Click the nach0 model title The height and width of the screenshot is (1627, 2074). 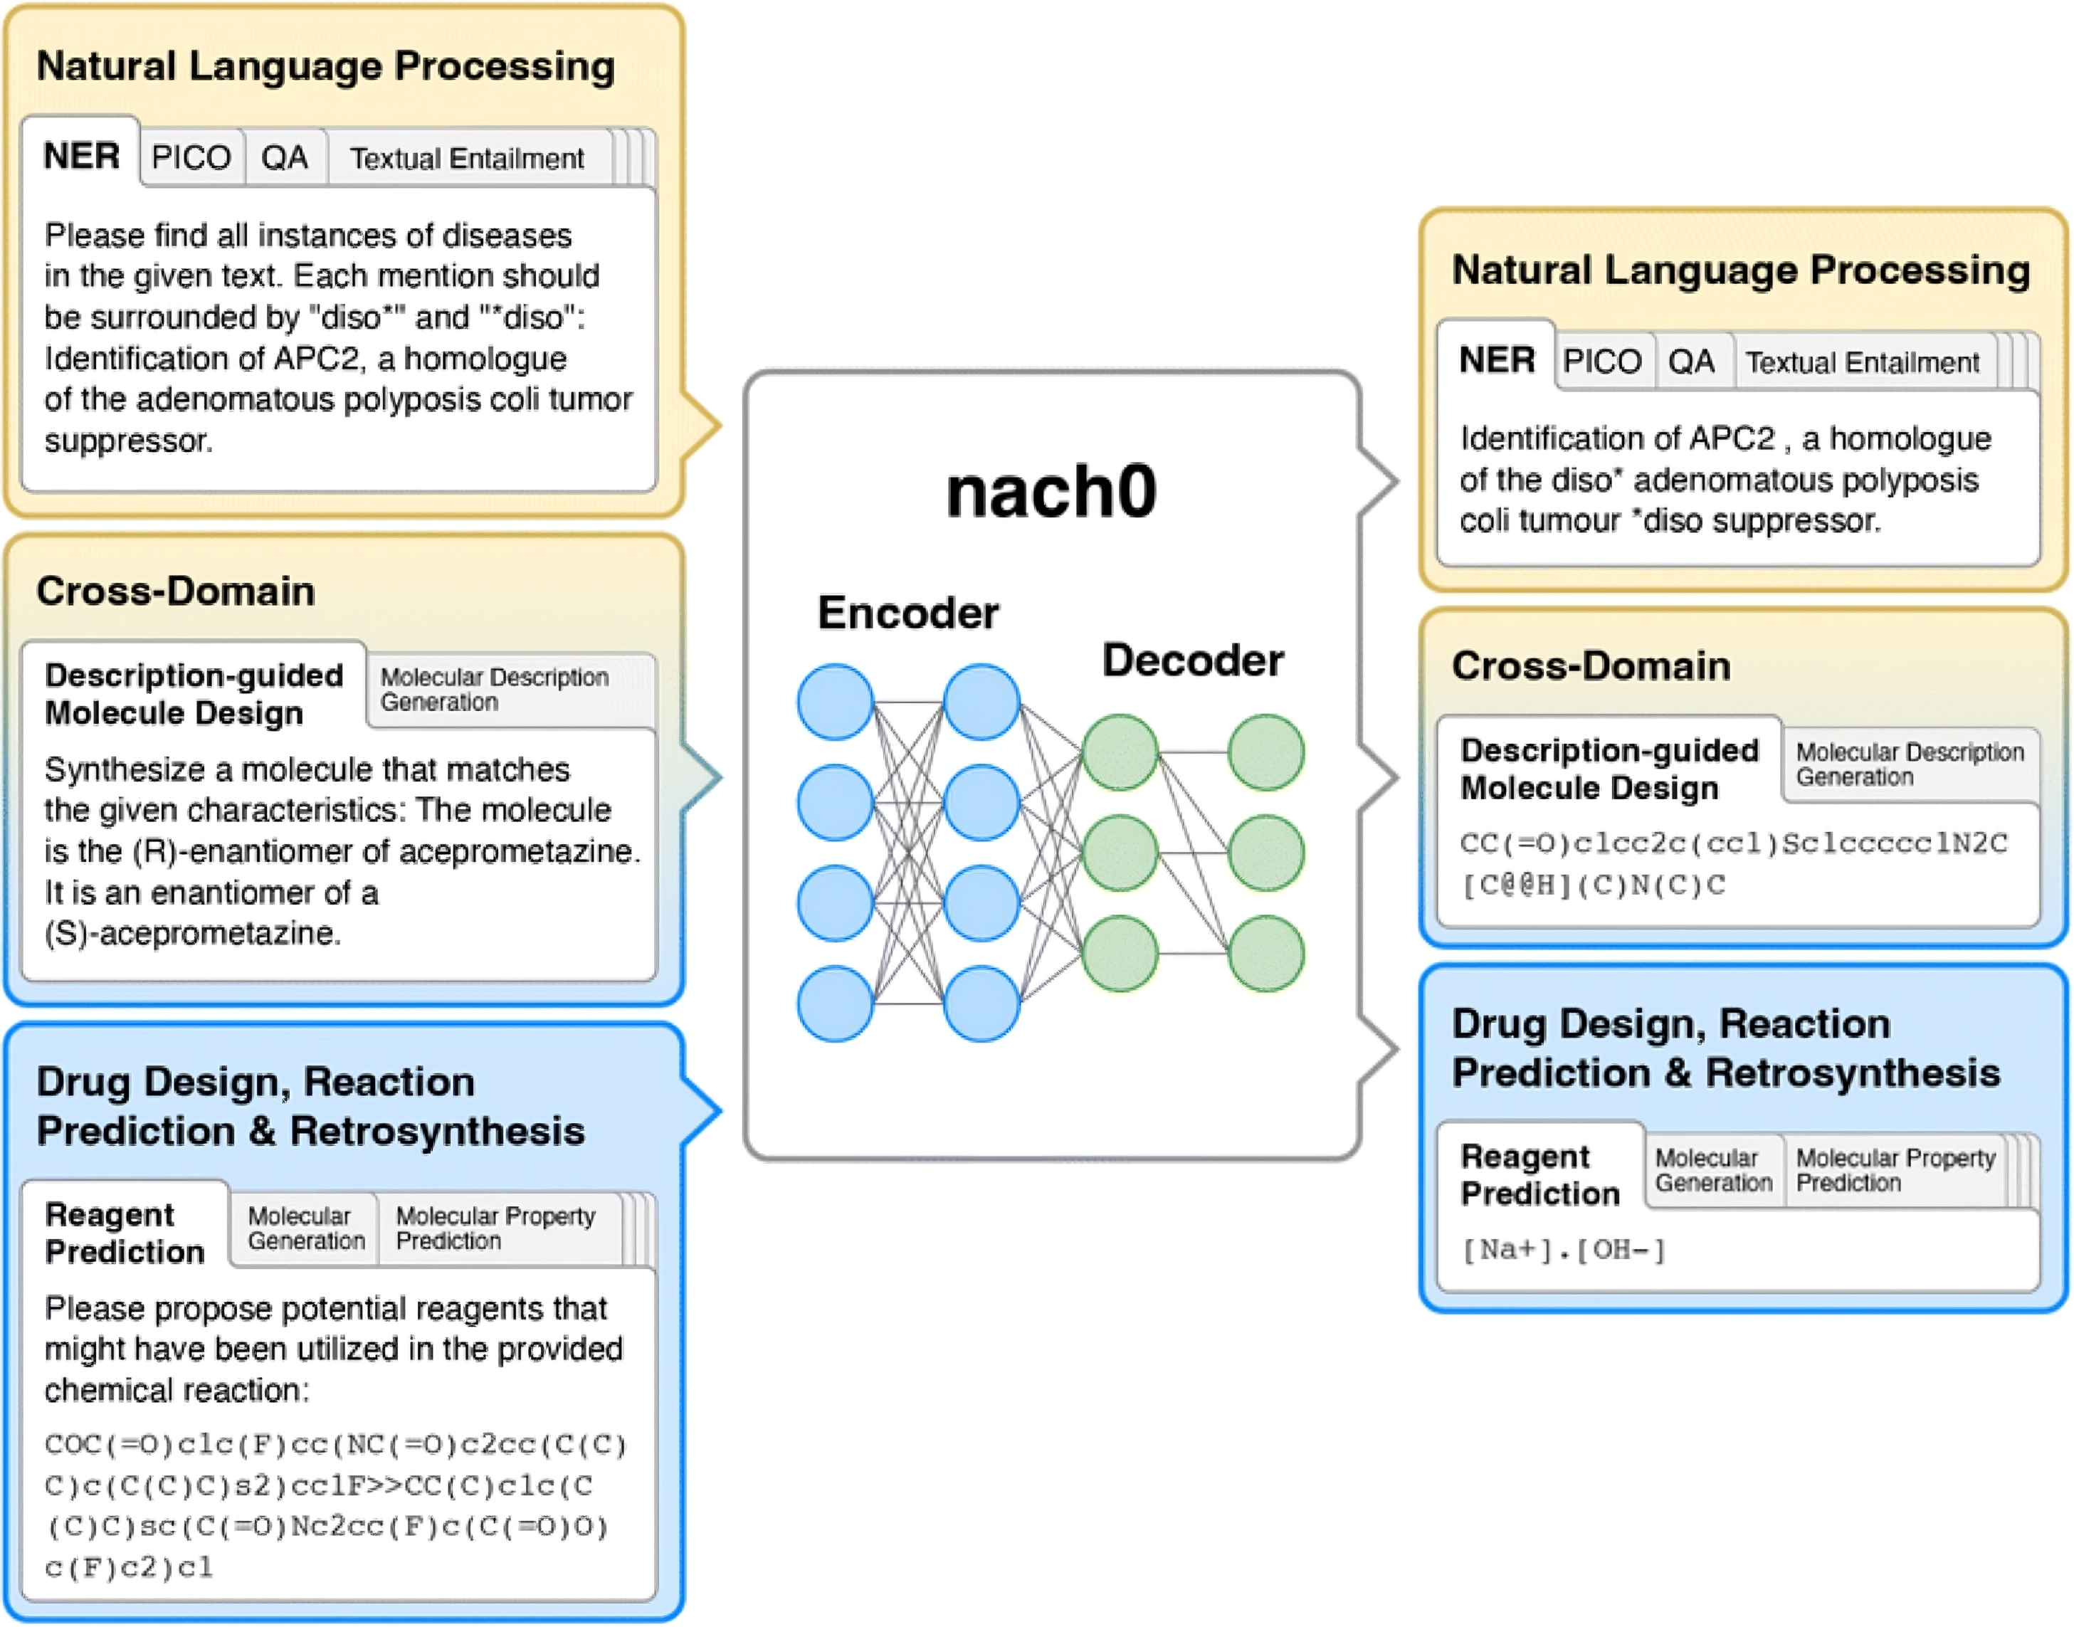click(x=1051, y=492)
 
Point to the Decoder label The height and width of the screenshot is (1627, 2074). click(x=1192, y=660)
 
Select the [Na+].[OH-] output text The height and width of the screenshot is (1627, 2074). click(x=1564, y=1250)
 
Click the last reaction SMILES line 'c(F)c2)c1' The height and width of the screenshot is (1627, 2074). click(x=129, y=1567)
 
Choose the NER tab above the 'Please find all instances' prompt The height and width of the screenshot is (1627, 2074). click(x=82, y=155)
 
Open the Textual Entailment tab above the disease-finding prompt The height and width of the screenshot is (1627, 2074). click(x=466, y=158)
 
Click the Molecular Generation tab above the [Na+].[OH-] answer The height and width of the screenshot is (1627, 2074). click(x=1713, y=1170)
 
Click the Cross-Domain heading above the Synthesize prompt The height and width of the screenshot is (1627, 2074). click(x=175, y=591)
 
